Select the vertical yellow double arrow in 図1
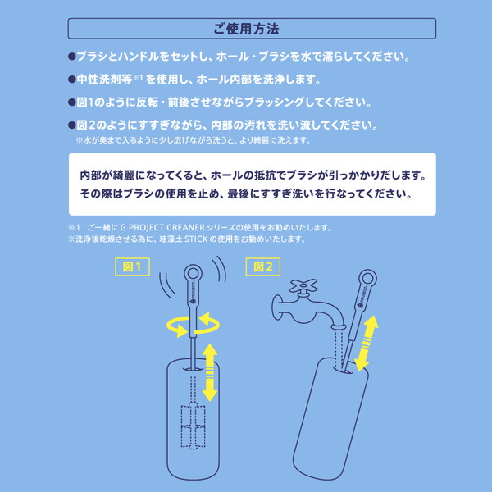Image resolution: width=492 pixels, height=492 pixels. [210, 371]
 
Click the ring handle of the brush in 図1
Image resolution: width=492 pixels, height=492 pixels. [194, 274]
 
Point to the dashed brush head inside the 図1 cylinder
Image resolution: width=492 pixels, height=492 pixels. [194, 426]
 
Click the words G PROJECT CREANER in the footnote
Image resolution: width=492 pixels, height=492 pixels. [177, 227]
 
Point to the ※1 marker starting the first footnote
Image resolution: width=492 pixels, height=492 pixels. [76, 227]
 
